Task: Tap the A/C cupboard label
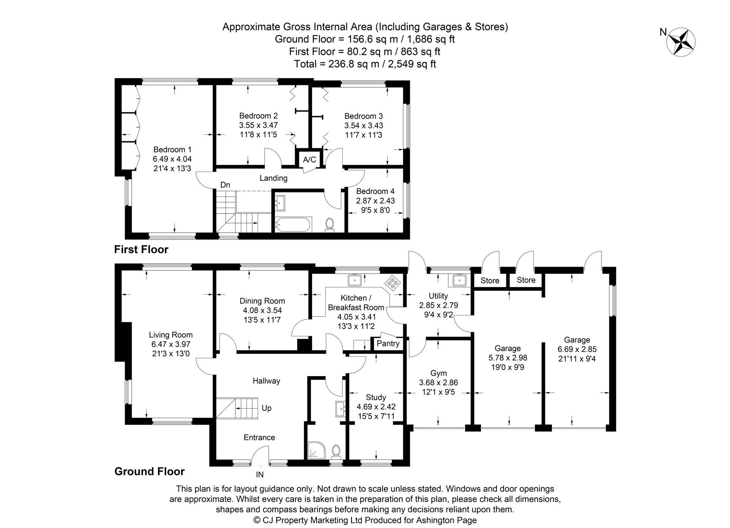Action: (x=310, y=160)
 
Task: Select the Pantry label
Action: (x=388, y=344)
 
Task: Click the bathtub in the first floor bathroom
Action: (x=293, y=225)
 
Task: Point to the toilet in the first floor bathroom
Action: (x=330, y=225)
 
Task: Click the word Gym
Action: (x=438, y=373)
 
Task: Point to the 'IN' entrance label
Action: (x=260, y=475)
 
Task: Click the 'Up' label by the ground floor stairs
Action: (x=266, y=408)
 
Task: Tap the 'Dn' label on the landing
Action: (x=225, y=185)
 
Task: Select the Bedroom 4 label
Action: (x=375, y=191)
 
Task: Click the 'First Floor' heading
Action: (x=141, y=250)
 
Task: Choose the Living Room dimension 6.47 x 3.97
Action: (x=171, y=344)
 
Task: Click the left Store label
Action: (x=490, y=281)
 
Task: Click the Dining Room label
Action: (x=262, y=301)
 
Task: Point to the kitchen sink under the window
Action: (x=354, y=280)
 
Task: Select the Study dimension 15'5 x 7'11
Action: (x=376, y=416)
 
